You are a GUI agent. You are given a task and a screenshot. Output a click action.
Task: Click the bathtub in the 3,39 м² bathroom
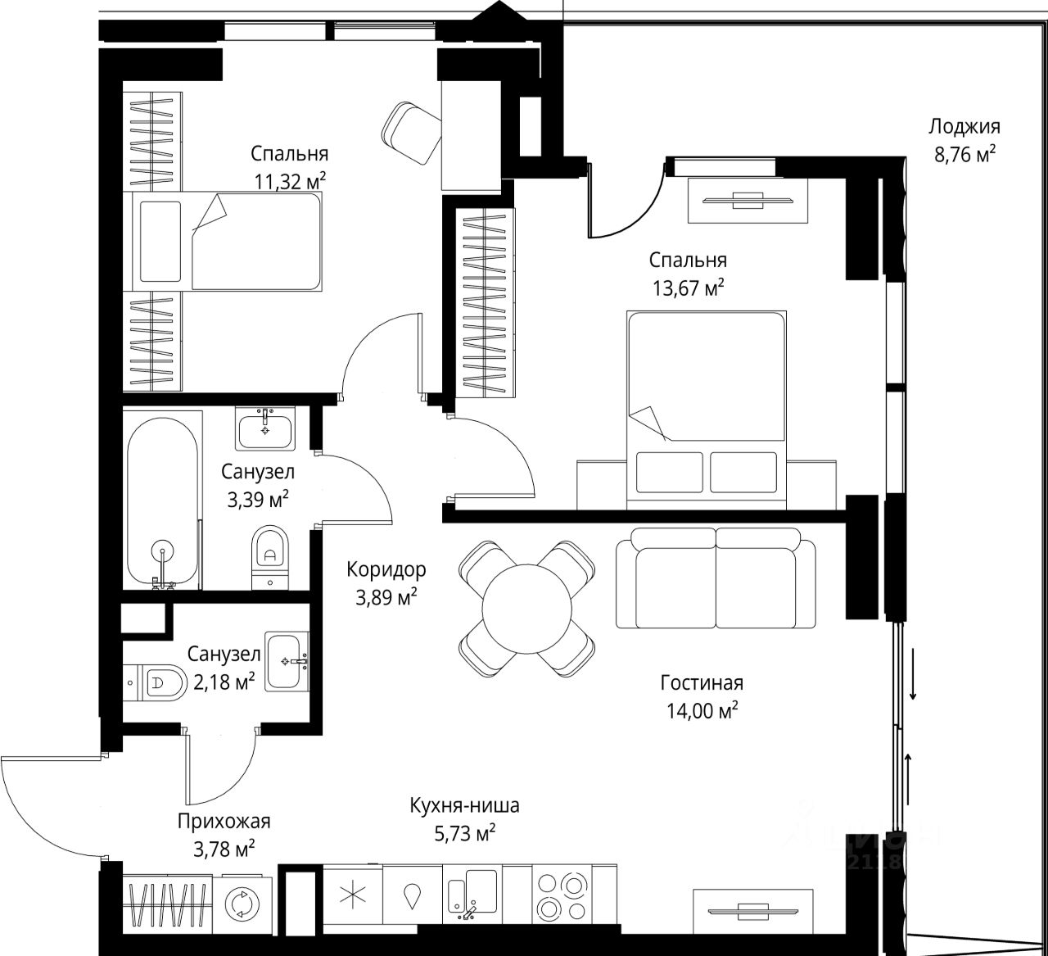(x=162, y=501)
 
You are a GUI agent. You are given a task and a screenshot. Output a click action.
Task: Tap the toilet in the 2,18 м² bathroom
(x=156, y=682)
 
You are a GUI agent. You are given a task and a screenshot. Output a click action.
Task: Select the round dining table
(x=526, y=609)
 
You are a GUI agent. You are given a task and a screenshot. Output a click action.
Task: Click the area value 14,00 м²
(x=702, y=709)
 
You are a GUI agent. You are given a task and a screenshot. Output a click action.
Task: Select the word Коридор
(x=386, y=569)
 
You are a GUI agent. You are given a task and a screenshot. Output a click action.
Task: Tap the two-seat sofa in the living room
(x=716, y=578)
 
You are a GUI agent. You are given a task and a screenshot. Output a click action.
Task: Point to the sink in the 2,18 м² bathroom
(x=287, y=661)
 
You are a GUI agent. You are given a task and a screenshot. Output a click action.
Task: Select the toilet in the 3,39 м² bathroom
(x=269, y=558)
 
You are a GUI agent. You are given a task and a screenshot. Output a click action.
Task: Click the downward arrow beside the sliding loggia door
(x=913, y=673)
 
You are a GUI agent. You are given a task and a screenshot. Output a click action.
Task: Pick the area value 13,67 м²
(x=688, y=288)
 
